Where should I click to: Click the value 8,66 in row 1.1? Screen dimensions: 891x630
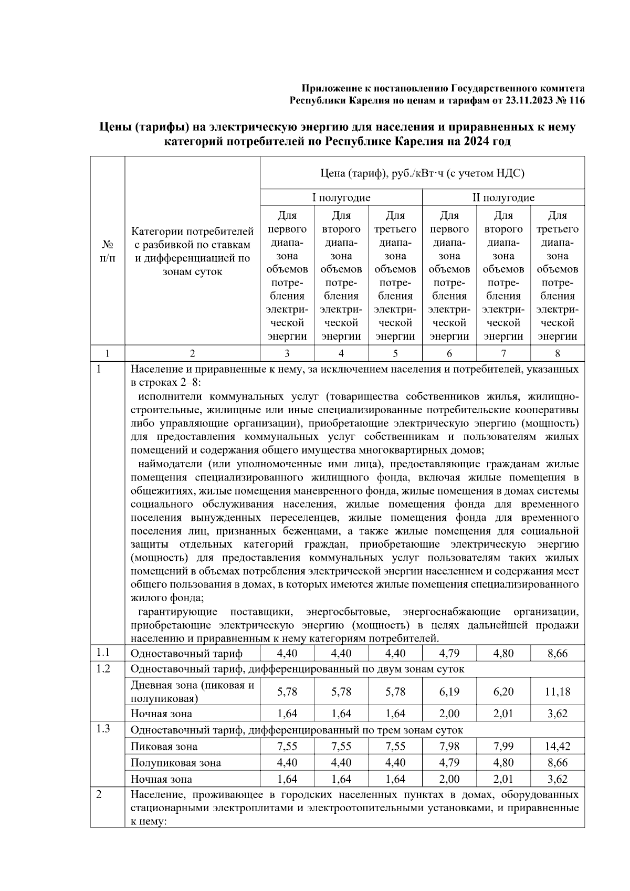point(557,654)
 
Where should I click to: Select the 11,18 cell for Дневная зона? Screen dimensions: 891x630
point(557,691)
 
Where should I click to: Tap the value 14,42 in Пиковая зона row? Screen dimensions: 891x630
point(557,746)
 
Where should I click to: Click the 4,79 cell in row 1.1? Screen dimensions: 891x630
point(449,654)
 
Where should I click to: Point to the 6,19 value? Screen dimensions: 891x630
point(449,691)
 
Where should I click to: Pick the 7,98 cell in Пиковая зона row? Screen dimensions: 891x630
point(449,746)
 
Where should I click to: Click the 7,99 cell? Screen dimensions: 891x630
point(503,746)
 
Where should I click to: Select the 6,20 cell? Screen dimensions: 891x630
point(503,691)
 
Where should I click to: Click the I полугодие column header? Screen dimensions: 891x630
point(341,197)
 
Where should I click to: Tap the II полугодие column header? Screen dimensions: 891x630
point(503,197)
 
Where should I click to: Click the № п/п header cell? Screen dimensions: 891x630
point(107,251)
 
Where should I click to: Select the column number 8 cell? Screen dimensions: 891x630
point(557,353)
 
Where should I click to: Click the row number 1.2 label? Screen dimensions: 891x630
point(103,668)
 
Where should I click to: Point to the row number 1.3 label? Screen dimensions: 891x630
point(103,729)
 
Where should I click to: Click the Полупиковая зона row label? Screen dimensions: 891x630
point(175,763)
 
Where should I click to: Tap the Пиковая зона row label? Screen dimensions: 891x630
point(164,747)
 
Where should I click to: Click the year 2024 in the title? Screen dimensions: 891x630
point(477,141)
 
